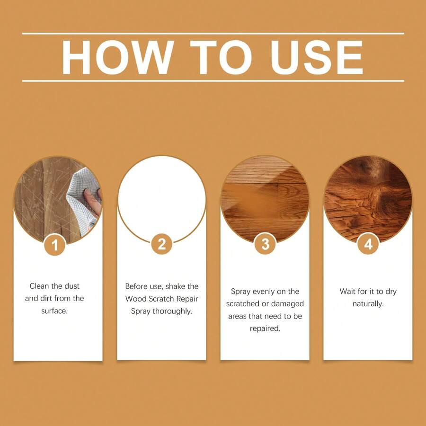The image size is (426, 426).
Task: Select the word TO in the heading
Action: [x=220, y=58]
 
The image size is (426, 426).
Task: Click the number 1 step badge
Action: [x=55, y=245]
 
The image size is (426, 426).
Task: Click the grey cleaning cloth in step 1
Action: [x=80, y=199]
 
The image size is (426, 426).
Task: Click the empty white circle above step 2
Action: [x=162, y=194]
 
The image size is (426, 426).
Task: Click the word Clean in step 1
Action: [x=39, y=286]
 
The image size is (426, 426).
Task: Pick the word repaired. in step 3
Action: [x=265, y=328]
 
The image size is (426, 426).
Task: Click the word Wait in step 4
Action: [x=348, y=291]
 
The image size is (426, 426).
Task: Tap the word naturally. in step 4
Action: [x=368, y=303]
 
